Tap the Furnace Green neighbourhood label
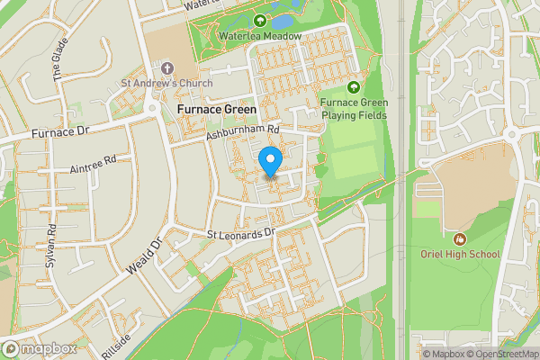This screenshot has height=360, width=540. coord(217,109)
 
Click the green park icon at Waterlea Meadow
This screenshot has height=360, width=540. coord(261,21)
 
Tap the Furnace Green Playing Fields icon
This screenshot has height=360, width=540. coord(353,87)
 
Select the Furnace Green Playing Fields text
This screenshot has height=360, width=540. coord(353,109)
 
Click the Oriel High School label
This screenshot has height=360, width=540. coord(460,255)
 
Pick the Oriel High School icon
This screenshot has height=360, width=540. coord(460,239)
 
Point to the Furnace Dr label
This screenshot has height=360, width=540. coord(61,132)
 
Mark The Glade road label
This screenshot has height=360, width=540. coord(60,65)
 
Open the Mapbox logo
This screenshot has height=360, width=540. coord(38,347)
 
